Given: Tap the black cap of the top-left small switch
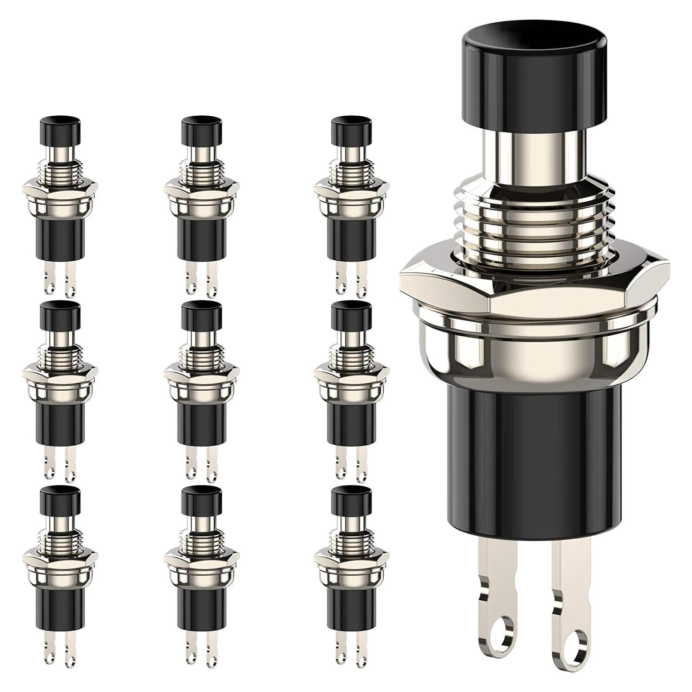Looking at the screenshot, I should [x=60, y=131].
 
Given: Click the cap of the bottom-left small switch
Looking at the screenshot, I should [x=60, y=501].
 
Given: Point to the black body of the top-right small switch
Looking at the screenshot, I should [x=351, y=238].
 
